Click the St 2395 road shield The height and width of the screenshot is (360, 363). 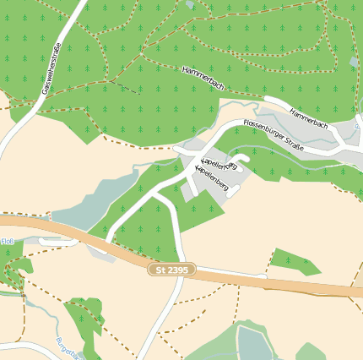171,270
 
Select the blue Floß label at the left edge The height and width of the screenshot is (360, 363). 7,242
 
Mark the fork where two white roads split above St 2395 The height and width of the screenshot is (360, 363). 155,195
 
